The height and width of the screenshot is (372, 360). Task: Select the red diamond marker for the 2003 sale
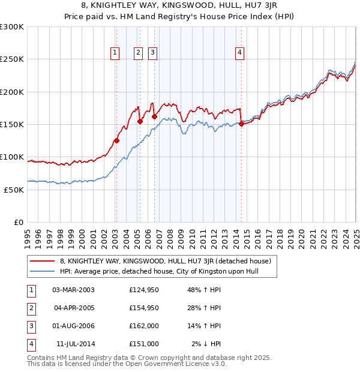coord(117,141)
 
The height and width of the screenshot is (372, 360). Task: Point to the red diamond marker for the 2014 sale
coord(241,124)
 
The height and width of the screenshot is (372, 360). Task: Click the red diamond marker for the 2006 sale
coord(154,117)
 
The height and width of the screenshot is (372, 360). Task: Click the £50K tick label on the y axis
coord(14,190)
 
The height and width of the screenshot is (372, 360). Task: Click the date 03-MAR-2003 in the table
coord(73,290)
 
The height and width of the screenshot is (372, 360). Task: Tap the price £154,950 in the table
coord(143,308)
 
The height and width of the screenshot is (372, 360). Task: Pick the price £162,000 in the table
coord(143,326)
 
